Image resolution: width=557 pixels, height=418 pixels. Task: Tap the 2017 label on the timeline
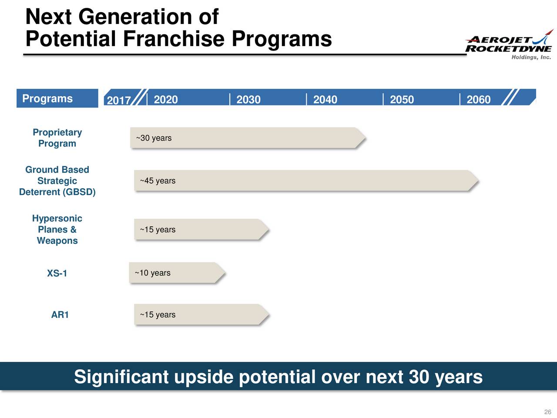tap(119, 101)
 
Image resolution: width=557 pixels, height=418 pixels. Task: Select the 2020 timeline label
tap(166, 100)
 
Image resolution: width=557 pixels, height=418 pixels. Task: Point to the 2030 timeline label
tap(248, 100)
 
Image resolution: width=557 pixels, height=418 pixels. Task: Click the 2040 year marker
tap(325, 100)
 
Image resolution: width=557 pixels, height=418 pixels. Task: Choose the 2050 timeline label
tap(402, 100)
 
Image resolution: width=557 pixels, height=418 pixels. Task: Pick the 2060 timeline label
tap(478, 100)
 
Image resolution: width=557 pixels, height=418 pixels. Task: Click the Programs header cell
tap(47, 98)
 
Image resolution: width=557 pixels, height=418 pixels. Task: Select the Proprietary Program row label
tap(57, 138)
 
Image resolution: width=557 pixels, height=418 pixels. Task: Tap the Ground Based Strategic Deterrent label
tap(57, 181)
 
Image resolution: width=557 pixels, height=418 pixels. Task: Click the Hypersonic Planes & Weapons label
tap(57, 229)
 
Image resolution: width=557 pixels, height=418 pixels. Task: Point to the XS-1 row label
tap(57, 273)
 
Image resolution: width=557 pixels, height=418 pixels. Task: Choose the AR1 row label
tap(60, 315)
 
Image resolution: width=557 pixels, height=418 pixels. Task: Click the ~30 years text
tap(154, 138)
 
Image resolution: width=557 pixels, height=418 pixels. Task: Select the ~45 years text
tap(158, 181)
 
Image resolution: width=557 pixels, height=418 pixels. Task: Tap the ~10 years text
tap(152, 273)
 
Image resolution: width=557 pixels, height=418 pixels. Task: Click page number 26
tap(547, 412)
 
